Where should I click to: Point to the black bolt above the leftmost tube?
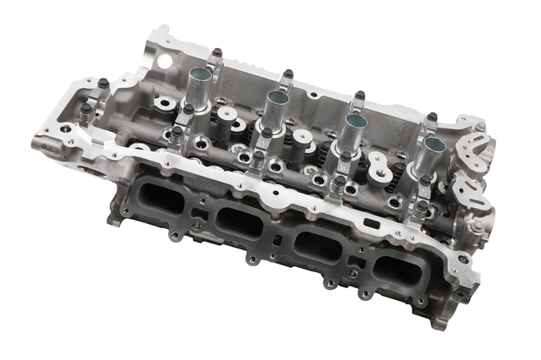(216, 54)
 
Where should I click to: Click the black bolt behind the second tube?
(287, 75)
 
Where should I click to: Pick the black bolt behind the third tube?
(359, 95)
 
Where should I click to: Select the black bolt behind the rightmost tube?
(431, 117)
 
